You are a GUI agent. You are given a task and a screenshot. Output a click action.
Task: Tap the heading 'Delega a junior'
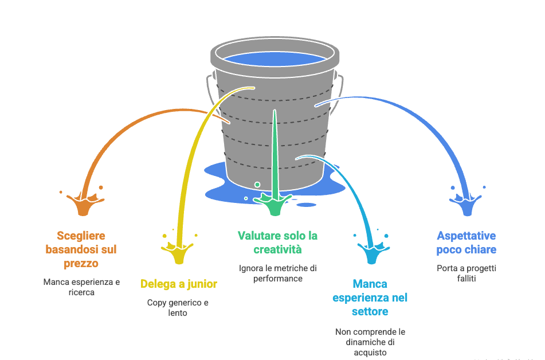tap(179, 284)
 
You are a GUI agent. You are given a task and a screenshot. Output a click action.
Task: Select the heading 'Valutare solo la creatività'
tap(277, 242)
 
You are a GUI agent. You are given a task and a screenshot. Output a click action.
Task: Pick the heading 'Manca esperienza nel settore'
tap(370, 298)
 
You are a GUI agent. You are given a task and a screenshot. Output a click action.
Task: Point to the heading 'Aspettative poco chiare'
tap(466, 242)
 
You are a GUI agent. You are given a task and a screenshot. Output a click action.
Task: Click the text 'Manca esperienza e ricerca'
tap(81, 287)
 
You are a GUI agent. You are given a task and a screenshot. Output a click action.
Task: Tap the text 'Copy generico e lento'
tap(178, 308)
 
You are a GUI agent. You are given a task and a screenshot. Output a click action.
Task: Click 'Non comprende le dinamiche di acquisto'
tap(370, 342)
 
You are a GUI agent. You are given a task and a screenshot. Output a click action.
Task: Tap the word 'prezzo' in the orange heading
tap(81, 264)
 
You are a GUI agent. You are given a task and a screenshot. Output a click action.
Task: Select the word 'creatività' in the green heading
tap(277, 250)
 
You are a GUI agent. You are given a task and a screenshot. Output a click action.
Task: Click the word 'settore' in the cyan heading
tap(370, 312)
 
